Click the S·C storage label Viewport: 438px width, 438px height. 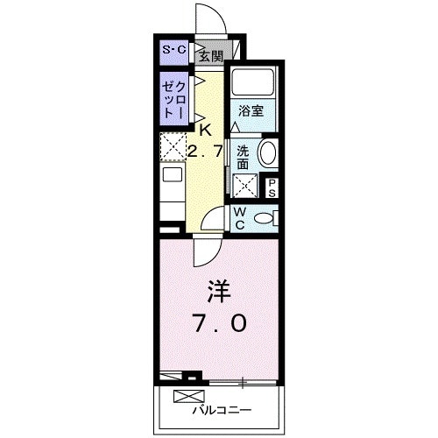click(x=173, y=50)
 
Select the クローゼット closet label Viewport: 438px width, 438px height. click(x=172, y=100)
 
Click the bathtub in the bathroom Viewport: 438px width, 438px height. click(x=253, y=85)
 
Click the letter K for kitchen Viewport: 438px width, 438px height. click(x=205, y=129)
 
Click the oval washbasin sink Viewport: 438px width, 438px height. click(x=268, y=152)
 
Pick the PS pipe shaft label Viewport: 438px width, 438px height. click(x=272, y=187)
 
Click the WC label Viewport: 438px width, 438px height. click(x=238, y=217)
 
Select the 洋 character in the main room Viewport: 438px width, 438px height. click(x=218, y=289)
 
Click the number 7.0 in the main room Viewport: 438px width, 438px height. click(x=219, y=322)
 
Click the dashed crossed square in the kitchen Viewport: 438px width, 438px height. click(x=172, y=145)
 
